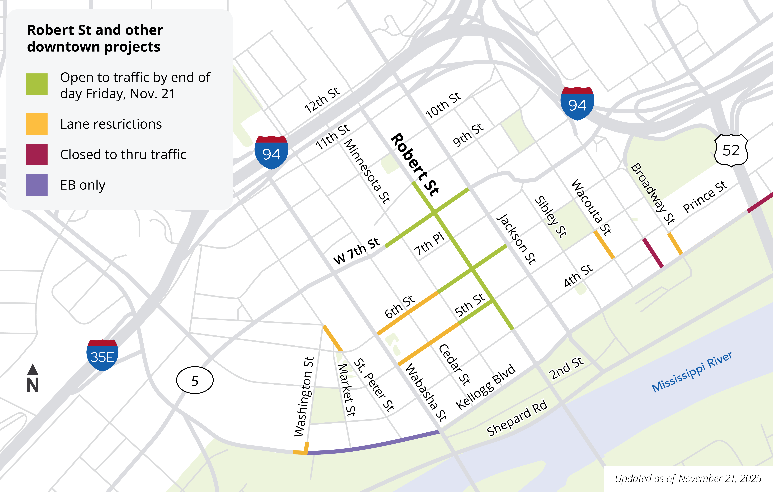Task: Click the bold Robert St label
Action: (415, 164)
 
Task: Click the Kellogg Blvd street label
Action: (485, 387)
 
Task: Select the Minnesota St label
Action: (367, 171)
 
